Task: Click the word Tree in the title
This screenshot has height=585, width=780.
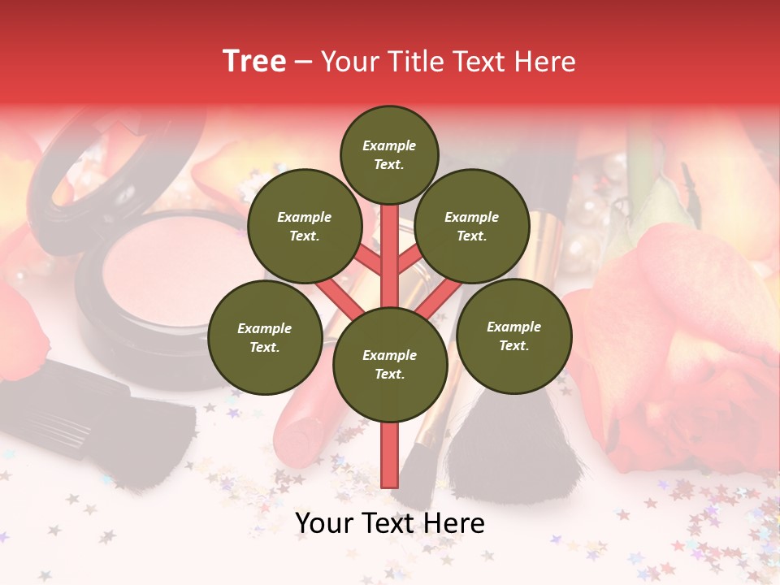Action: tap(254, 62)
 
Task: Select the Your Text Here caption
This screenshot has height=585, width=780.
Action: tap(390, 523)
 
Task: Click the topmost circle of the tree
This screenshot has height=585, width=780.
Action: tap(389, 154)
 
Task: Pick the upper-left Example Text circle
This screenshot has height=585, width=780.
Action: tap(304, 226)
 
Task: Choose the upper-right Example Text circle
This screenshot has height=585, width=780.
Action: tap(471, 226)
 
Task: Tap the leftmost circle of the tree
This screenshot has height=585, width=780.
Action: tap(264, 337)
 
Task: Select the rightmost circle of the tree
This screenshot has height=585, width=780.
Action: tap(513, 336)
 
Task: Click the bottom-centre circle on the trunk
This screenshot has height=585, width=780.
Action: tap(389, 365)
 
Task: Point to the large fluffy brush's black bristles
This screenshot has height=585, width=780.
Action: tap(512, 455)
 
